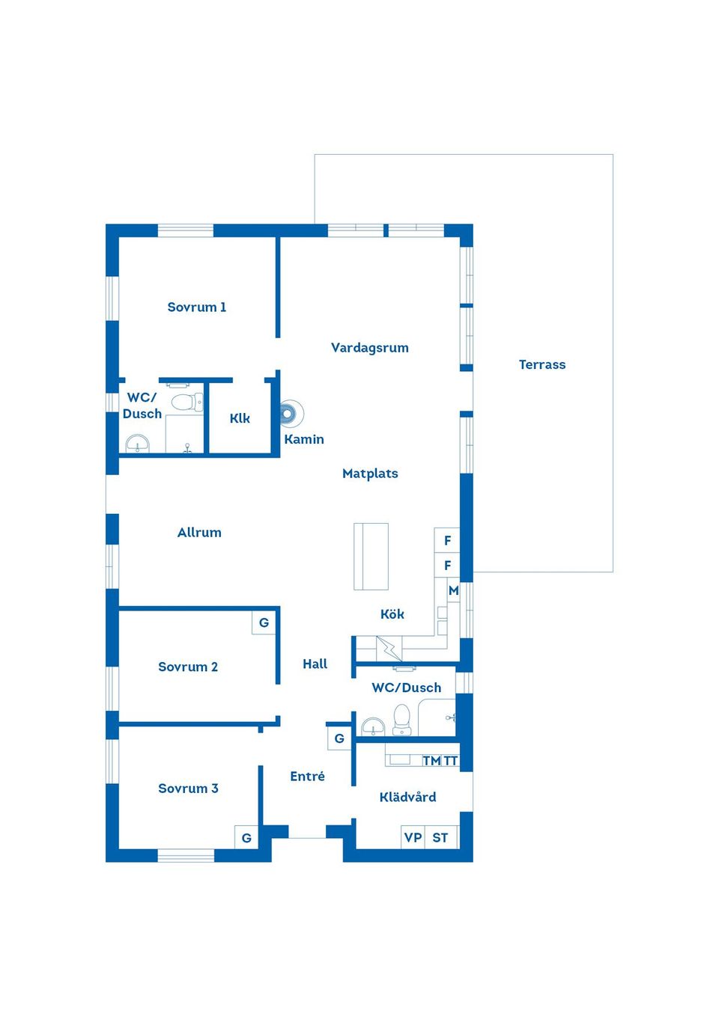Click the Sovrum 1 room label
[x=196, y=307]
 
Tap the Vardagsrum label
[x=369, y=348]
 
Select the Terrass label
[x=542, y=364]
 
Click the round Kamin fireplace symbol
[x=290, y=414]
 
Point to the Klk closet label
[x=240, y=417]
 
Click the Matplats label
[x=370, y=474]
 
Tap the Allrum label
[x=199, y=533]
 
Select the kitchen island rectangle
[x=371, y=556]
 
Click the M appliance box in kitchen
[x=453, y=590]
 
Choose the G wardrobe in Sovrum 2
[x=264, y=622]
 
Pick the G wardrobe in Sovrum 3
[x=246, y=837]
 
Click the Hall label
[x=315, y=664]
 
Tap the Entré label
[x=307, y=777]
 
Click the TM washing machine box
[x=431, y=761]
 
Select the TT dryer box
[x=451, y=761]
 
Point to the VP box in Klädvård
[x=413, y=837]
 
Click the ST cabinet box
[x=440, y=837]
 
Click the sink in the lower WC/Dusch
[x=373, y=726]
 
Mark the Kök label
[x=392, y=614]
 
